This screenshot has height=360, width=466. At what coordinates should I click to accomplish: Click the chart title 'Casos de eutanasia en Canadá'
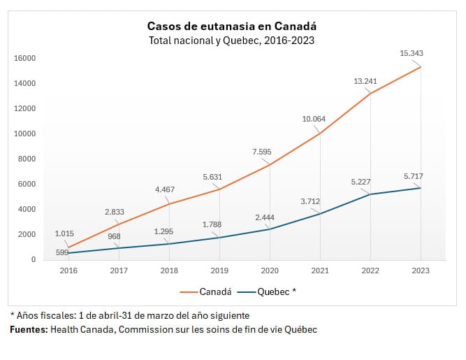(231, 26)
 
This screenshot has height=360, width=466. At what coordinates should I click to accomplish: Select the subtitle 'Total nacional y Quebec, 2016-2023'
(231, 41)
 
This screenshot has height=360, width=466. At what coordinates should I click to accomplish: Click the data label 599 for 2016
(62, 252)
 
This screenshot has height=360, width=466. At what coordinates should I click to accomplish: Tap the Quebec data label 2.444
(265, 217)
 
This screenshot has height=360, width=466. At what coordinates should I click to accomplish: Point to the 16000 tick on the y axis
(25, 58)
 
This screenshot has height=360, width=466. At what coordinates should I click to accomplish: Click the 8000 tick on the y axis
(27, 159)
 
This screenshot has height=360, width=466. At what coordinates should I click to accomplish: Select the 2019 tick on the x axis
(219, 271)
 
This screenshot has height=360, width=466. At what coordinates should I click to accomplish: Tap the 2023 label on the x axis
(421, 271)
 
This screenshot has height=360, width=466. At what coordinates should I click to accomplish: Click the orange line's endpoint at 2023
(421, 67)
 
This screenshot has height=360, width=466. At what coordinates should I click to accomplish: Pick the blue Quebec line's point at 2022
(370, 194)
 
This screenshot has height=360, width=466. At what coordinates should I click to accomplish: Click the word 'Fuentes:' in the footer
(29, 329)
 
